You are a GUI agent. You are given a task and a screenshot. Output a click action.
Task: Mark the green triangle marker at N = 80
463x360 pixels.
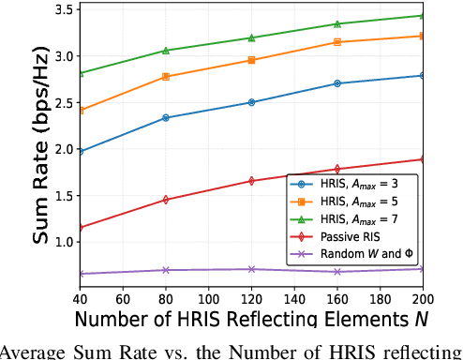[x=166, y=51]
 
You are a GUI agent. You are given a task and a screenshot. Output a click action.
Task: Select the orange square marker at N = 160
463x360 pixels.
[x=336, y=42]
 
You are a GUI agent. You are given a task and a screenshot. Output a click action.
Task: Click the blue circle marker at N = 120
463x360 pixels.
[x=251, y=102]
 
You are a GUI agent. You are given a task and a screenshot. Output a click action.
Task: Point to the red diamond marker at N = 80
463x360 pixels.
[x=166, y=200]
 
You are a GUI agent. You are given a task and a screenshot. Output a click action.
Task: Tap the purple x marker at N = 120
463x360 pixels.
[x=251, y=269]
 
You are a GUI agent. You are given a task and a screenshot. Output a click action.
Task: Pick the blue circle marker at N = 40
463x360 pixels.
[x=81, y=151]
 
